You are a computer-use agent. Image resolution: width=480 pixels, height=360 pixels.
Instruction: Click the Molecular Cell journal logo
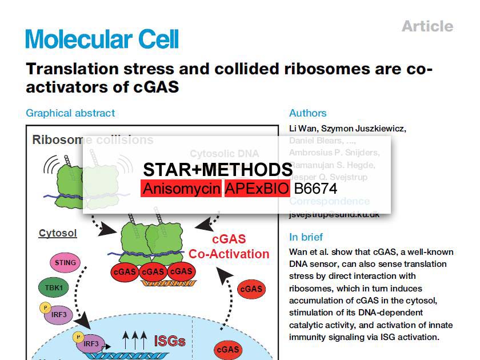tap(102, 39)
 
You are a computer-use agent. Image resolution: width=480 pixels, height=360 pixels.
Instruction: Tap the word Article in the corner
tap(427, 26)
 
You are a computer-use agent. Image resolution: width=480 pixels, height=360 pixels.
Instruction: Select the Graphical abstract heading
tap(70, 113)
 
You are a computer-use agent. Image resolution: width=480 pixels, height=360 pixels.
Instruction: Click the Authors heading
tap(307, 113)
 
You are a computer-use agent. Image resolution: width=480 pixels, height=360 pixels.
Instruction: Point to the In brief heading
tap(306, 237)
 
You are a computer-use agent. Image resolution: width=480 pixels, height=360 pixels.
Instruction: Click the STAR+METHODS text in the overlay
tap(218, 170)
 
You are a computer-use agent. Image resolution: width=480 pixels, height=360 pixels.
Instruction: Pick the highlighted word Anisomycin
tap(181, 189)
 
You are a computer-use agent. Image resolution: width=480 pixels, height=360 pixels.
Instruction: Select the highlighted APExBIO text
tap(257, 189)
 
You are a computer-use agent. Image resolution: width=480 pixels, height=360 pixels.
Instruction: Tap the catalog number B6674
tap(315, 189)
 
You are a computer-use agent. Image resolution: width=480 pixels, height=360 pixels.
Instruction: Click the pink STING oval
tap(66, 263)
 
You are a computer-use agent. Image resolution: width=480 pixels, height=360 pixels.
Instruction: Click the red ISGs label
tap(170, 341)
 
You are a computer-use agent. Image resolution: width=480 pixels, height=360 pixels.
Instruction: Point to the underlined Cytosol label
tap(58, 233)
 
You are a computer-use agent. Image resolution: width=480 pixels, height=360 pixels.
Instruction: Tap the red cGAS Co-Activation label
tap(229, 247)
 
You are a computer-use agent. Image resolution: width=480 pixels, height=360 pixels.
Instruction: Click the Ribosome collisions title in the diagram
tap(93, 140)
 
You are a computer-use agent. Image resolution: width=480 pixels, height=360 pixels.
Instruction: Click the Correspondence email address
tap(334, 214)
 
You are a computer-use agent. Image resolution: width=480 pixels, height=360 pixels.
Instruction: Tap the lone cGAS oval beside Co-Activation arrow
tap(251, 289)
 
